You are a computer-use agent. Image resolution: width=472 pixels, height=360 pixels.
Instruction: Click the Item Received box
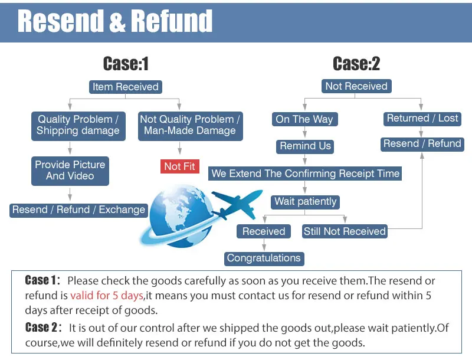click(125, 87)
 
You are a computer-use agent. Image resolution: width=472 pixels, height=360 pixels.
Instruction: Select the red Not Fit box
click(179, 166)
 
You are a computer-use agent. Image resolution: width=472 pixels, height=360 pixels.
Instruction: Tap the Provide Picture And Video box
click(70, 170)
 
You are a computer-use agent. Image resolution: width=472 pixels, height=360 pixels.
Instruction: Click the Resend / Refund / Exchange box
click(78, 210)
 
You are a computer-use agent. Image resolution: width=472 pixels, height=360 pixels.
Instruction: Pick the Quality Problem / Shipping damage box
click(78, 125)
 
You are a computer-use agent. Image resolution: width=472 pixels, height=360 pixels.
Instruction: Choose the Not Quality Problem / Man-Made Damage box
click(190, 125)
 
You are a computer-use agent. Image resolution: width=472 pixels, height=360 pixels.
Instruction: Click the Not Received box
click(356, 86)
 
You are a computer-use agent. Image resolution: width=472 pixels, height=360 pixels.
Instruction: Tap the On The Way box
click(304, 119)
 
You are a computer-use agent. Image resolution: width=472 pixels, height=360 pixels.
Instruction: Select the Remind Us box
click(306, 146)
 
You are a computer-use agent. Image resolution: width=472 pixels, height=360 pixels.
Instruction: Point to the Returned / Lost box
click(422, 119)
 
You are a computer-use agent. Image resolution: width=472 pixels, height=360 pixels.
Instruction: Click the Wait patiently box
click(305, 201)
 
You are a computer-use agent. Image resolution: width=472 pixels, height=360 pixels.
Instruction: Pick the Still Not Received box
click(345, 231)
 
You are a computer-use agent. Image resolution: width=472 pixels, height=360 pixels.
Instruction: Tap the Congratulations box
click(264, 258)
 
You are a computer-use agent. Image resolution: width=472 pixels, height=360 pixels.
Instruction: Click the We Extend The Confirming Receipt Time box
click(306, 174)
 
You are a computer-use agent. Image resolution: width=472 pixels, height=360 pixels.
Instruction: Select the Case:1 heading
click(126, 63)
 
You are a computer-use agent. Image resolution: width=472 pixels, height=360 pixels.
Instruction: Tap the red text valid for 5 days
click(107, 295)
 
